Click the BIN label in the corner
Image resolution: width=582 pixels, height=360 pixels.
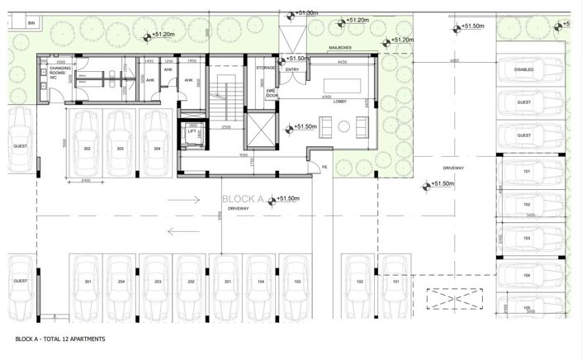point(31,24)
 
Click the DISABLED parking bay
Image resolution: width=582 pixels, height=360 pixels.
point(524,69)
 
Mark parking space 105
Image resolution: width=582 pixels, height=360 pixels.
point(525,308)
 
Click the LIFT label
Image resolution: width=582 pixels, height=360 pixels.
point(192,131)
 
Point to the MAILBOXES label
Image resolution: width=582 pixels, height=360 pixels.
point(341,49)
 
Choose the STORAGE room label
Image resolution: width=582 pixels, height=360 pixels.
point(265,68)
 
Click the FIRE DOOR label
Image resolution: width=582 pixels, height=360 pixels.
point(272,93)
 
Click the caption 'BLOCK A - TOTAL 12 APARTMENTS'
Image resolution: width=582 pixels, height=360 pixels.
point(60,339)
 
